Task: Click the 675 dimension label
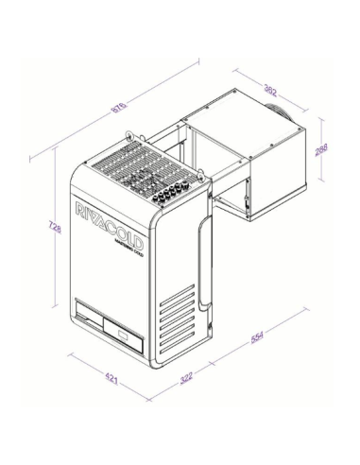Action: click(x=120, y=107)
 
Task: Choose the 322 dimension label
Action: click(x=185, y=377)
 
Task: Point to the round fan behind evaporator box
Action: click(x=280, y=112)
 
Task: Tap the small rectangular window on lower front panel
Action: click(x=124, y=330)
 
